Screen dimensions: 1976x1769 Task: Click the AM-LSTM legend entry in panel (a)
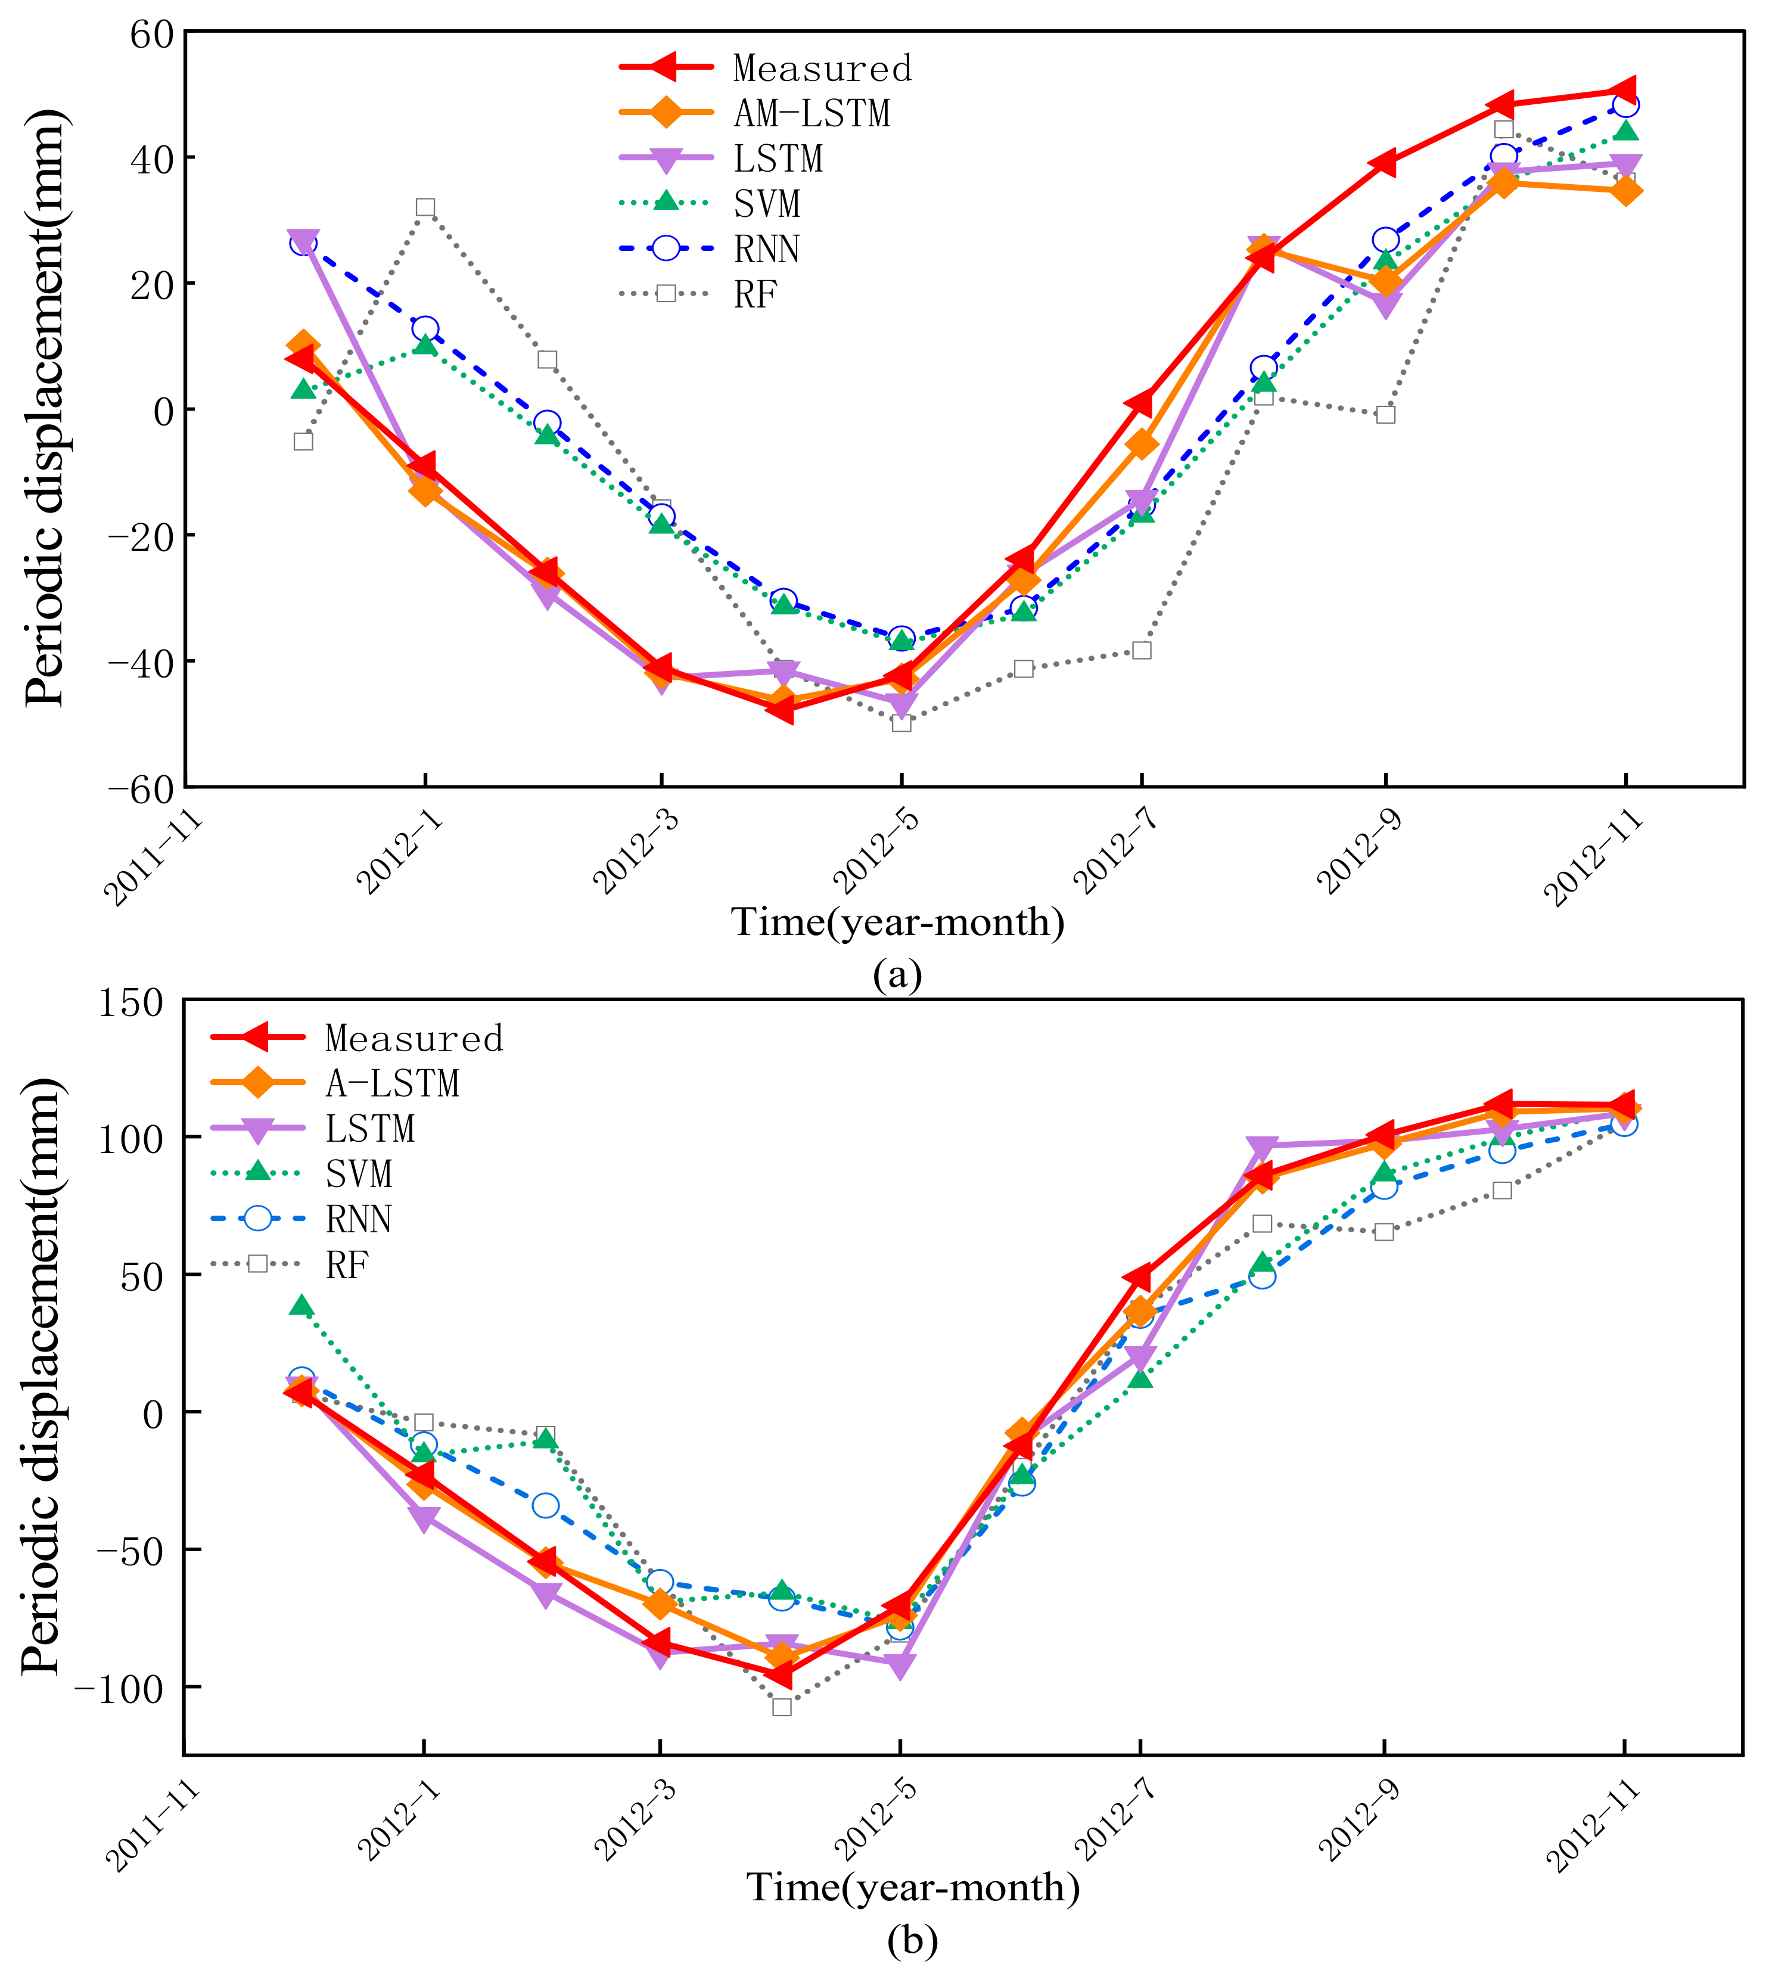(811, 114)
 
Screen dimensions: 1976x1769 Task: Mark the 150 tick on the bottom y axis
(130, 1003)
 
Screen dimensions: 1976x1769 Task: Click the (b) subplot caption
(912, 1941)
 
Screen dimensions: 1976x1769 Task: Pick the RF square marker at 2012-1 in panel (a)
(425, 207)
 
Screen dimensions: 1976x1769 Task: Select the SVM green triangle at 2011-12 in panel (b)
(302, 1306)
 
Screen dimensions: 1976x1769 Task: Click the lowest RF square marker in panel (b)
(782, 1706)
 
